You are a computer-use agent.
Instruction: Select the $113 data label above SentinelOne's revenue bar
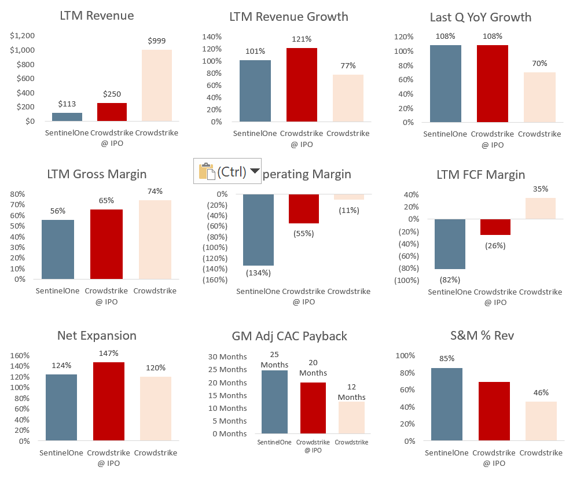67,104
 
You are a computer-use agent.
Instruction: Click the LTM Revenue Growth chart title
289,16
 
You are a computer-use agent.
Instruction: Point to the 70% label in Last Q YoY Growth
539,63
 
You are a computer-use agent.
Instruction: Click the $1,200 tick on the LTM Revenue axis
23,36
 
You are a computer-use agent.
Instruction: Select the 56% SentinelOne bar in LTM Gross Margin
58,249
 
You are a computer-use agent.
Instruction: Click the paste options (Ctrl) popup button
227,171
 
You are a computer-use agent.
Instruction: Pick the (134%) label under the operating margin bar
258,273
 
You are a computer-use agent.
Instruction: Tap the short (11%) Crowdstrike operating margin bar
349,197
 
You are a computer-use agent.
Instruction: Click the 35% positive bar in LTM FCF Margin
541,208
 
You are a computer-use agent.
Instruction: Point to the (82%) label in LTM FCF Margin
450,280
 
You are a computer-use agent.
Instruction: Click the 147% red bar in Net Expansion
109,401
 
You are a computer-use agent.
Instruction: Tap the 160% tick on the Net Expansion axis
20,355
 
